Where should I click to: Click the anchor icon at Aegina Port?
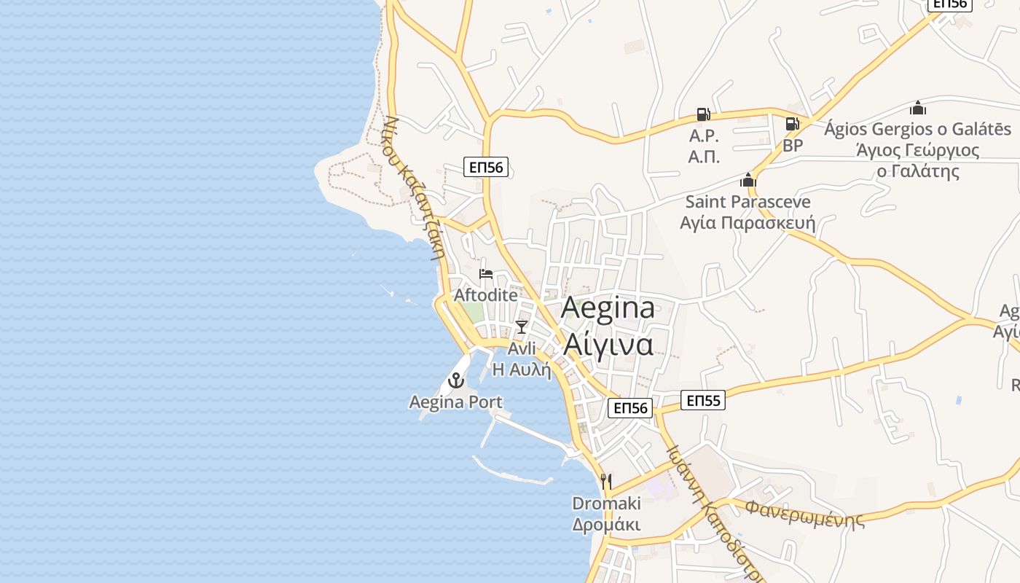(456, 380)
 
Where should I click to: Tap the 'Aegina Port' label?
(456, 402)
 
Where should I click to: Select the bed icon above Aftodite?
(486, 274)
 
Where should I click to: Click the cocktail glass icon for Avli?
(522, 326)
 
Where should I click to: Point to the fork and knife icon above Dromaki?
(605, 481)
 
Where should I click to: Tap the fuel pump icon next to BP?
(793, 124)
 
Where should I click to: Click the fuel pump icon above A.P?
(703, 114)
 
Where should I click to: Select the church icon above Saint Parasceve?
(748, 180)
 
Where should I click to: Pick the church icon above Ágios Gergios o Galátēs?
(918, 109)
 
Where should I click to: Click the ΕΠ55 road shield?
(703, 400)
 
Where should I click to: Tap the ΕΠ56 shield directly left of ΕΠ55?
(630, 408)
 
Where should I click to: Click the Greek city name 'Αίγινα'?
(608, 344)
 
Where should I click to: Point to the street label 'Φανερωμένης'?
(805, 513)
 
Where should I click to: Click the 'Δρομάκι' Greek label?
(606, 525)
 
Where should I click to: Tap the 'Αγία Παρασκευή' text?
(748, 222)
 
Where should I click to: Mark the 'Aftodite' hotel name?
(486, 295)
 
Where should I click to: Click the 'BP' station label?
(793, 146)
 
